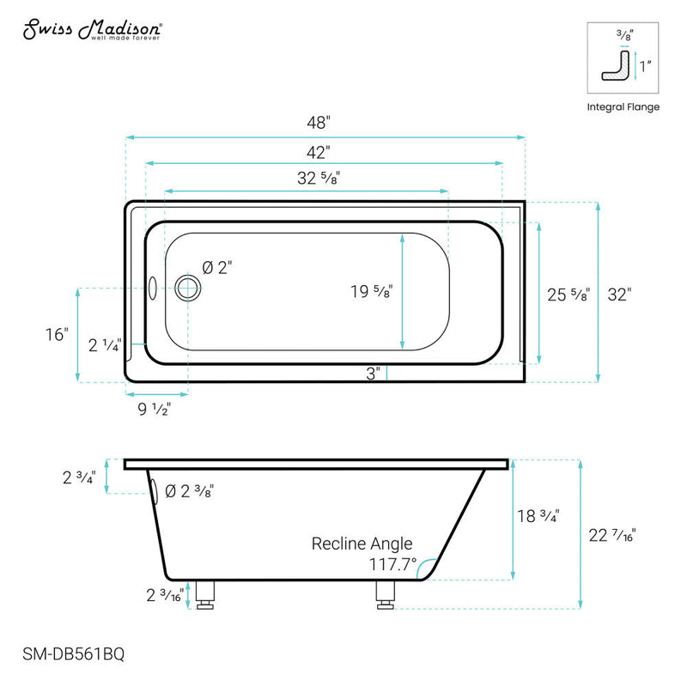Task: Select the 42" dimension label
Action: pyautogui.click(x=319, y=152)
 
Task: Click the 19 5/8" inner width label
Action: pyautogui.click(x=371, y=292)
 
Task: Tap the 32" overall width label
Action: pyautogui.click(x=619, y=295)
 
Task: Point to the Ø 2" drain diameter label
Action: pyautogui.click(x=217, y=268)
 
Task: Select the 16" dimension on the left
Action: pyautogui.click(x=56, y=334)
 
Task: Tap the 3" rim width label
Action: pyautogui.click(x=372, y=374)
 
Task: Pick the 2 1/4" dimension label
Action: pyautogui.click(x=106, y=346)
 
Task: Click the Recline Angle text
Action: pyautogui.click(x=362, y=544)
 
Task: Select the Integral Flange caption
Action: pyautogui.click(x=623, y=107)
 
